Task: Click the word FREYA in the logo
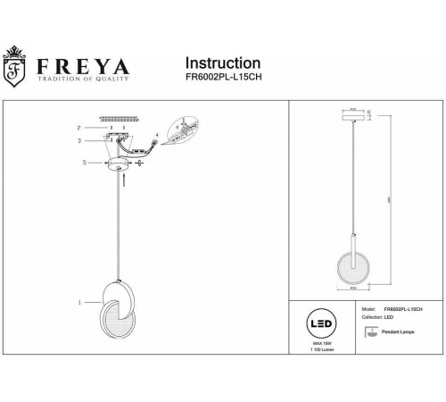(84, 67)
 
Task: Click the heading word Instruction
(222, 63)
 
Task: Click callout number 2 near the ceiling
(79, 128)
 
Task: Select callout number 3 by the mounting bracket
(79, 141)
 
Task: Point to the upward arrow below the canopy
(124, 180)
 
